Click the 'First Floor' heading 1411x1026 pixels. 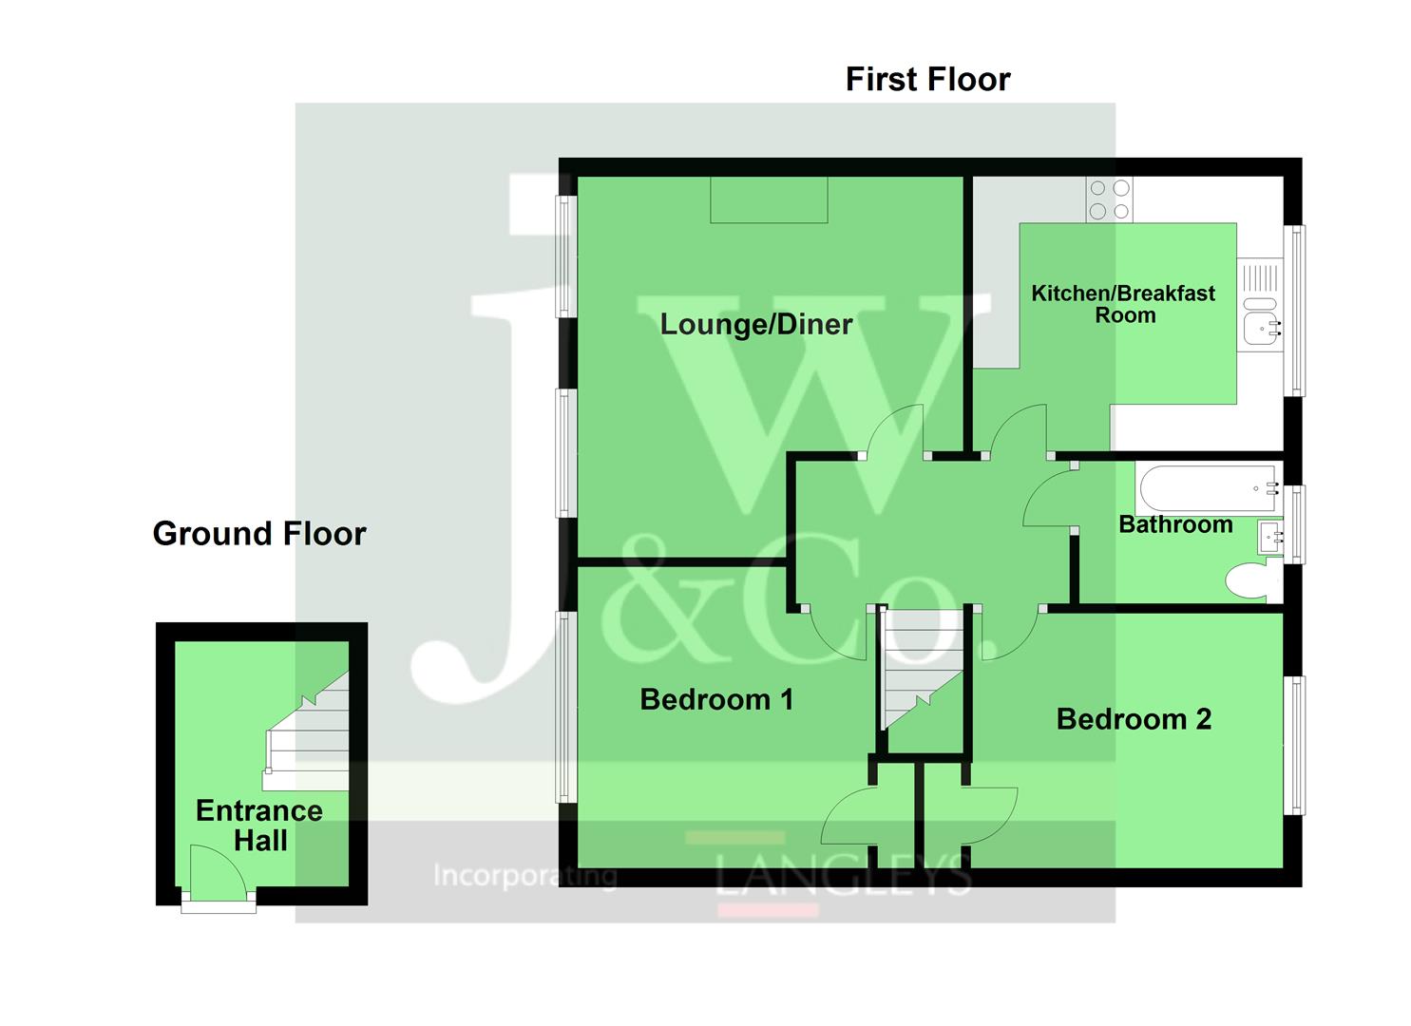[927, 79]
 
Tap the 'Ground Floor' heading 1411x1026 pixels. [259, 534]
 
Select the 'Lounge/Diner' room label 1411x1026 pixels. [756, 325]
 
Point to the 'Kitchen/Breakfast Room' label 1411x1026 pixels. [1123, 304]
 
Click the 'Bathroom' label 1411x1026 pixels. [1175, 524]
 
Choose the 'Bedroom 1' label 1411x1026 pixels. [716, 700]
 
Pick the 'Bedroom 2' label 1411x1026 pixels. [1134, 719]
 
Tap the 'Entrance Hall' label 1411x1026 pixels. [259, 826]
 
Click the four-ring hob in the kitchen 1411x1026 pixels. [1110, 200]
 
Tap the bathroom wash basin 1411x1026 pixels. [1269, 539]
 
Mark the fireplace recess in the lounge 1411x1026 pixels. [769, 200]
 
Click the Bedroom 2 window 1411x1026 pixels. [1295, 745]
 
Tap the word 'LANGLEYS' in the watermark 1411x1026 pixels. [843, 875]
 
